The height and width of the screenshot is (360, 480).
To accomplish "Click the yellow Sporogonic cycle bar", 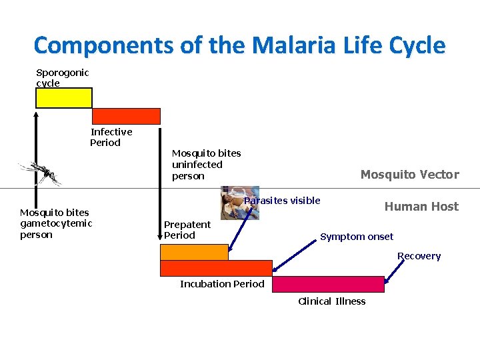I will pyautogui.click(x=63, y=98).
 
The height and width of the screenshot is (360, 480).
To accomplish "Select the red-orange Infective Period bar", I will pyautogui.click(x=126, y=116).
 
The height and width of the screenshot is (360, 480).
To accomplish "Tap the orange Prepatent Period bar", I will pyautogui.click(x=193, y=252).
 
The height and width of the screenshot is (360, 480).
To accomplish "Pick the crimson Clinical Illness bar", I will pyautogui.click(x=328, y=284).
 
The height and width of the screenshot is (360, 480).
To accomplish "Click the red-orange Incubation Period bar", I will pyautogui.click(x=216, y=268).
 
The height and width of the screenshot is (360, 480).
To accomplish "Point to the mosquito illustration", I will pyautogui.click(x=40, y=173).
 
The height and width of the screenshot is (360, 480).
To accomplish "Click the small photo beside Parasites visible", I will pyautogui.click(x=239, y=203).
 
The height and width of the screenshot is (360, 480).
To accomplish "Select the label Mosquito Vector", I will pyautogui.click(x=409, y=175).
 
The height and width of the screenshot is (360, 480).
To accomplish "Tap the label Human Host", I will pyautogui.click(x=421, y=207).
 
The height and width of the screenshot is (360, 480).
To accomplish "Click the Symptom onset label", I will pyautogui.click(x=357, y=237).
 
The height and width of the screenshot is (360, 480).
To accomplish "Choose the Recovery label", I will pyautogui.click(x=419, y=256).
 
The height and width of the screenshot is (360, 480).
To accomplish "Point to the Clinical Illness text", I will pyautogui.click(x=331, y=301).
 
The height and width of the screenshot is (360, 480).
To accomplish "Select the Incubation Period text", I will pyautogui.click(x=222, y=284).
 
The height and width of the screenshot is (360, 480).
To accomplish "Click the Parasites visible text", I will pyautogui.click(x=283, y=201).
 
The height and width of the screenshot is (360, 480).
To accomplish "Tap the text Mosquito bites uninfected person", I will pyautogui.click(x=206, y=164).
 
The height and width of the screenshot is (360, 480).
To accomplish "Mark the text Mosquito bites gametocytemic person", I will pyautogui.click(x=56, y=223).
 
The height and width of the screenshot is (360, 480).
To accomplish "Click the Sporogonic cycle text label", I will pyautogui.click(x=62, y=78).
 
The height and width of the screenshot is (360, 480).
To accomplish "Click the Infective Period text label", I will pyautogui.click(x=111, y=137).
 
